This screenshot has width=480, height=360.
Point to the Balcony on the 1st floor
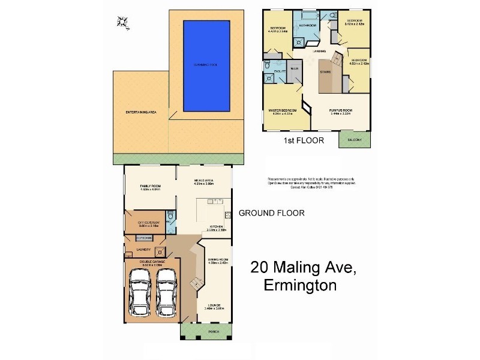point(354,140)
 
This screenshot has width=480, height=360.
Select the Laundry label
point(143,250)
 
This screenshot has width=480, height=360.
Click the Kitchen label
point(217,226)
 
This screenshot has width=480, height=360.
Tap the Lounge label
point(216,306)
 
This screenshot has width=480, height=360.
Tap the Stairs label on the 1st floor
point(326,71)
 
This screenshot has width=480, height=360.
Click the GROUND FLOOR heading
point(271,213)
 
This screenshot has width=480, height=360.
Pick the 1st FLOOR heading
point(304,141)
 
